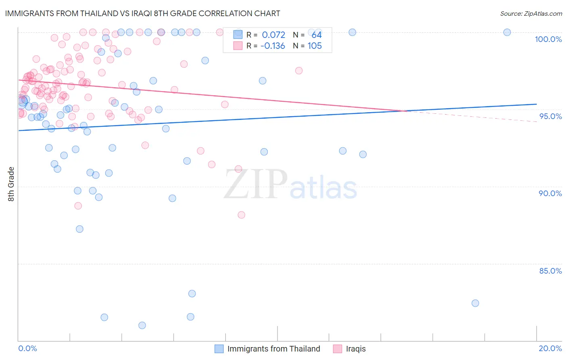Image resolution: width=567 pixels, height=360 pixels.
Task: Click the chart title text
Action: pyautogui.click(x=142, y=13)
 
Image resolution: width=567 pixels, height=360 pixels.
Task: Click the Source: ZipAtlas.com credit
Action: pyautogui.click(x=531, y=14)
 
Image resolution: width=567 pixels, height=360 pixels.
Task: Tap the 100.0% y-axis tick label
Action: pyautogui.click(x=548, y=39)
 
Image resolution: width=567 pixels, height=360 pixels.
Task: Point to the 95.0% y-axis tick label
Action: pyautogui.click(x=550, y=116)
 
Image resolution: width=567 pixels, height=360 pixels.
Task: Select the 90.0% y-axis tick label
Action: pyautogui.click(x=550, y=193)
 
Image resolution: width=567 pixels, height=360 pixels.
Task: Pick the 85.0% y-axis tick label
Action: pyautogui.click(x=550, y=271)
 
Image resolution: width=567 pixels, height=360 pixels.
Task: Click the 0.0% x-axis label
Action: pyautogui.click(x=27, y=348)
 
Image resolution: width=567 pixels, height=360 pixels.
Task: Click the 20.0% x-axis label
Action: pyautogui.click(x=550, y=348)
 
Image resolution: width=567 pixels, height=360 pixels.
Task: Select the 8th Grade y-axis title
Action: pyautogui.click(x=11, y=184)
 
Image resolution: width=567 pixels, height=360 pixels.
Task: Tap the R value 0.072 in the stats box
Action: pyautogui.click(x=273, y=35)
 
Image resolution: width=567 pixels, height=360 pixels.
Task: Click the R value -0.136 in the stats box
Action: pyautogui.click(x=273, y=46)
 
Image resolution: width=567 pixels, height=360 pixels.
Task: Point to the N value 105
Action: pyautogui.click(x=315, y=46)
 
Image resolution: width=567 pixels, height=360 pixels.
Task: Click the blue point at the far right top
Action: pyautogui.click(x=507, y=32)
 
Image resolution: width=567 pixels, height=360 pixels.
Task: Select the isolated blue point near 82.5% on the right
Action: pyautogui.click(x=475, y=303)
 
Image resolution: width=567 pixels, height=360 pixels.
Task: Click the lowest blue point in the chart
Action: pyautogui.click(x=142, y=325)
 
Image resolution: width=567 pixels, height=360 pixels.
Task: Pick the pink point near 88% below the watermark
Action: pyautogui.click(x=241, y=215)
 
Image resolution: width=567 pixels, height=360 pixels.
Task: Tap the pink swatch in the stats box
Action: pyautogui.click(x=238, y=46)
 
